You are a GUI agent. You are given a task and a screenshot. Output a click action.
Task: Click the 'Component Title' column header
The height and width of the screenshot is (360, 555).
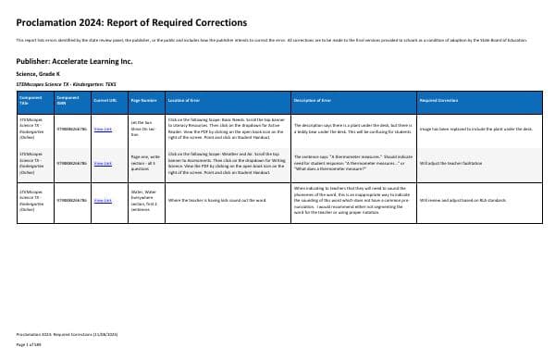(30, 98)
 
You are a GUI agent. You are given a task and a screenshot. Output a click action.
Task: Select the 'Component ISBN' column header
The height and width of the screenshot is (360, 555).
(67, 98)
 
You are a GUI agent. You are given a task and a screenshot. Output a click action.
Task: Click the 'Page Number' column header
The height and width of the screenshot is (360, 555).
(143, 98)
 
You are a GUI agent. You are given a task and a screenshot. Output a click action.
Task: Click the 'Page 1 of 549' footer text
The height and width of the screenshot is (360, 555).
(31, 344)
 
